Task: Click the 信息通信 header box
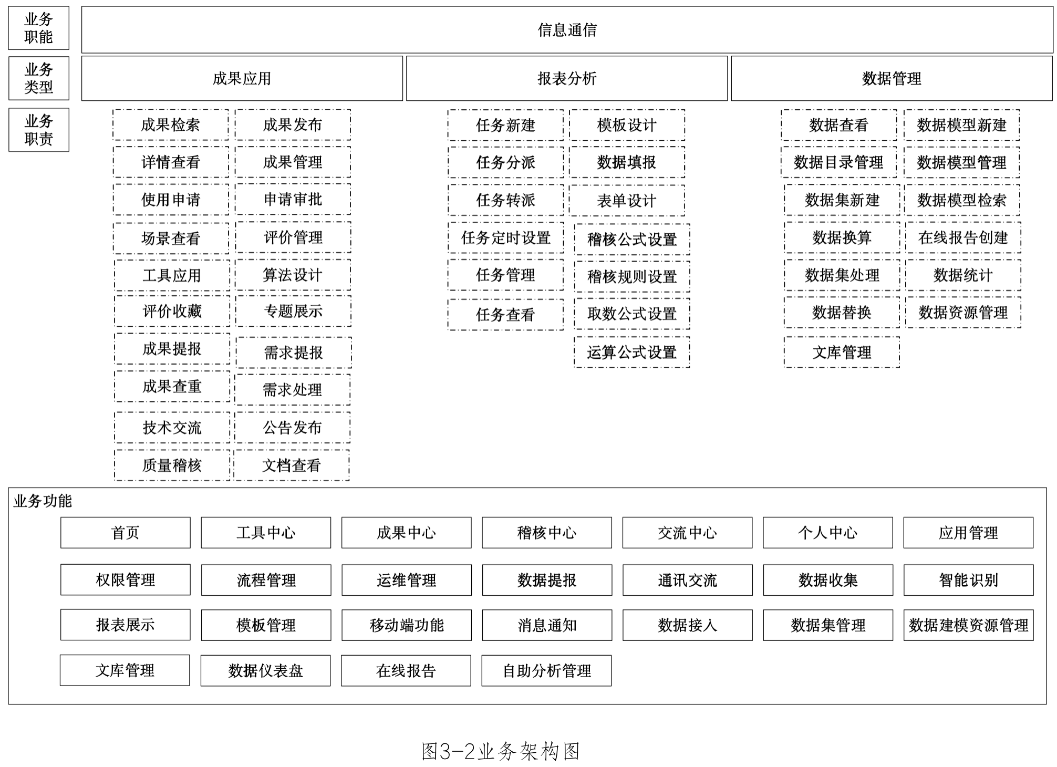[567, 30]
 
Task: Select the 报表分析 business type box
[566, 78]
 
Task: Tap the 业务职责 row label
[38, 130]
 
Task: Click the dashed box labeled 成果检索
[170, 125]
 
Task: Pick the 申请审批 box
[293, 199]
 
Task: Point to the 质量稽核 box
[172, 465]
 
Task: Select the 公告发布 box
[292, 428]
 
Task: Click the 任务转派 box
[505, 200]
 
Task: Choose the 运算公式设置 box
[631, 352]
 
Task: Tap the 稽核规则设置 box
[631, 276]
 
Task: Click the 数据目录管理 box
[838, 162]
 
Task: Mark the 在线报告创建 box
[963, 237]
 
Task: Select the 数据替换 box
[842, 313]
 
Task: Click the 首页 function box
[125, 533]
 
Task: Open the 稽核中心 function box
[547, 533]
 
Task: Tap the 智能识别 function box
[968, 580]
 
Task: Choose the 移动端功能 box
[407, 625]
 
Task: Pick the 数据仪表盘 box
[265, 670]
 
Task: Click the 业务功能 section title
[43, 501]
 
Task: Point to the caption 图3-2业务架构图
[500, 751]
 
